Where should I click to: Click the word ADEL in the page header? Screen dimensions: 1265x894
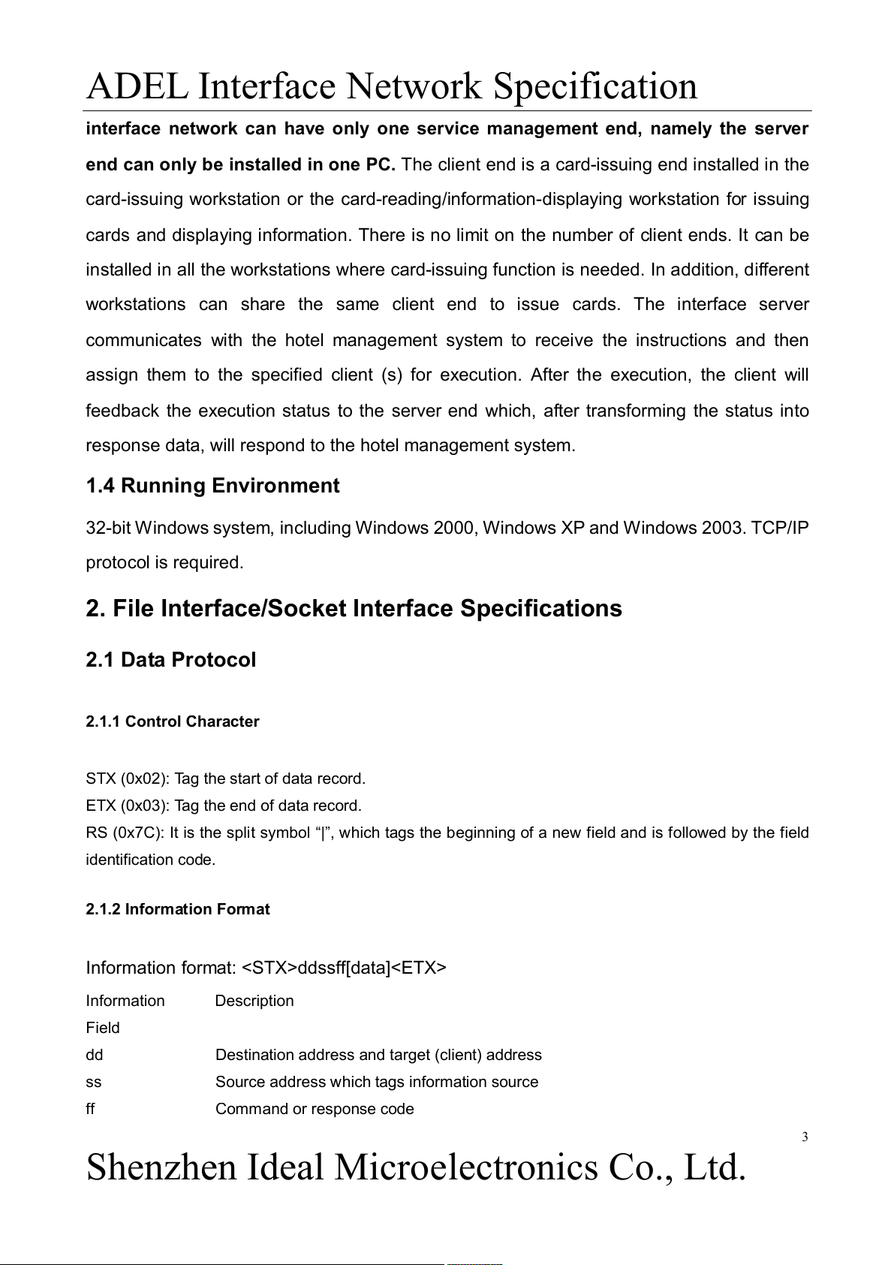(x=137, y=86)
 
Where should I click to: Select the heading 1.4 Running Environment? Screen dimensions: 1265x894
(x=212, y=486)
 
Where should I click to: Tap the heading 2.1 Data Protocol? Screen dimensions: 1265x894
(x=170, y=660)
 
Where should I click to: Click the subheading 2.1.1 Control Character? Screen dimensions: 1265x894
(x=172, y=721)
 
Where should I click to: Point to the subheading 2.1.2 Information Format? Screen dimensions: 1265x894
(x=177, y=909)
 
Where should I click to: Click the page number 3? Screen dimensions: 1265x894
(x=805, y=1137)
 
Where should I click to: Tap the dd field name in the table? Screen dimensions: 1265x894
(x=95, y=1055)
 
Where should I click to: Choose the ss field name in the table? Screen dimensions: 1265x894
(x=94, y=1082)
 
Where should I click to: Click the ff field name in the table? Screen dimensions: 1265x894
(x=91, y=1109)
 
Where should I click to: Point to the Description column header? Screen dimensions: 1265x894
(x=254, y=1001)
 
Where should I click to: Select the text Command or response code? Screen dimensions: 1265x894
(x=315, y=1109)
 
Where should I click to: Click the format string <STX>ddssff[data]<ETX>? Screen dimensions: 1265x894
(x=345, y=968)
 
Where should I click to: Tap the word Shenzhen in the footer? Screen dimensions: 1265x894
(x=161, y=1167)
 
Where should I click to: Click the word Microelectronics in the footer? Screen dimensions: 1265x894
(x=465, y=1167)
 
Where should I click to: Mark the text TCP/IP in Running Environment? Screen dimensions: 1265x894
(x=780, y=528)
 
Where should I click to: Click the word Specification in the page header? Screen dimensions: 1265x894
(x=594, y=86)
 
